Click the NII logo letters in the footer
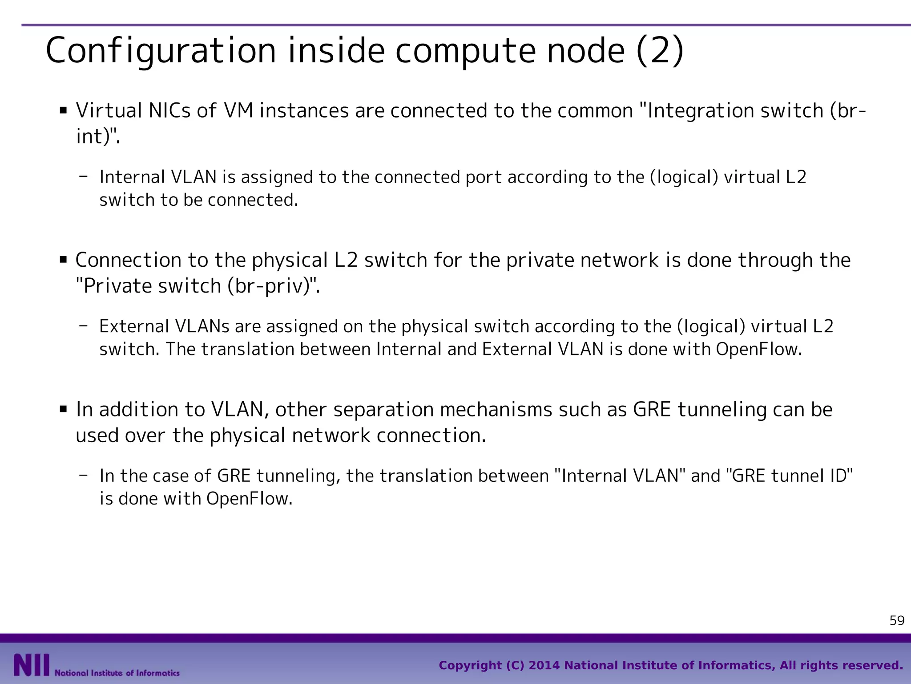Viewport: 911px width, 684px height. click(31, 665)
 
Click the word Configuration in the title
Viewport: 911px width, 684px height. click(161, 51)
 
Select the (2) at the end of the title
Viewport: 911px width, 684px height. click(661, 51)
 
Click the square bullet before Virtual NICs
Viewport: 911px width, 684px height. click(63, 110)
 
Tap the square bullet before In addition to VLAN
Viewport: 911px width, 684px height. click(63, 409)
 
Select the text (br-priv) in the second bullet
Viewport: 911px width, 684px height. click(269, 286)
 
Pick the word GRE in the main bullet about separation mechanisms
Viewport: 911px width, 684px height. click(652, 409)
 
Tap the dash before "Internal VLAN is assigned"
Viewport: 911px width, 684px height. click(83, 176)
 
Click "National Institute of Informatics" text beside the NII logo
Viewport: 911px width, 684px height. click(117, 673)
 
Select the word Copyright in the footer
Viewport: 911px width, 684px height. click(470, 666)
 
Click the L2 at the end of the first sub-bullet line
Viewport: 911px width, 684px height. click(796, 177)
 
